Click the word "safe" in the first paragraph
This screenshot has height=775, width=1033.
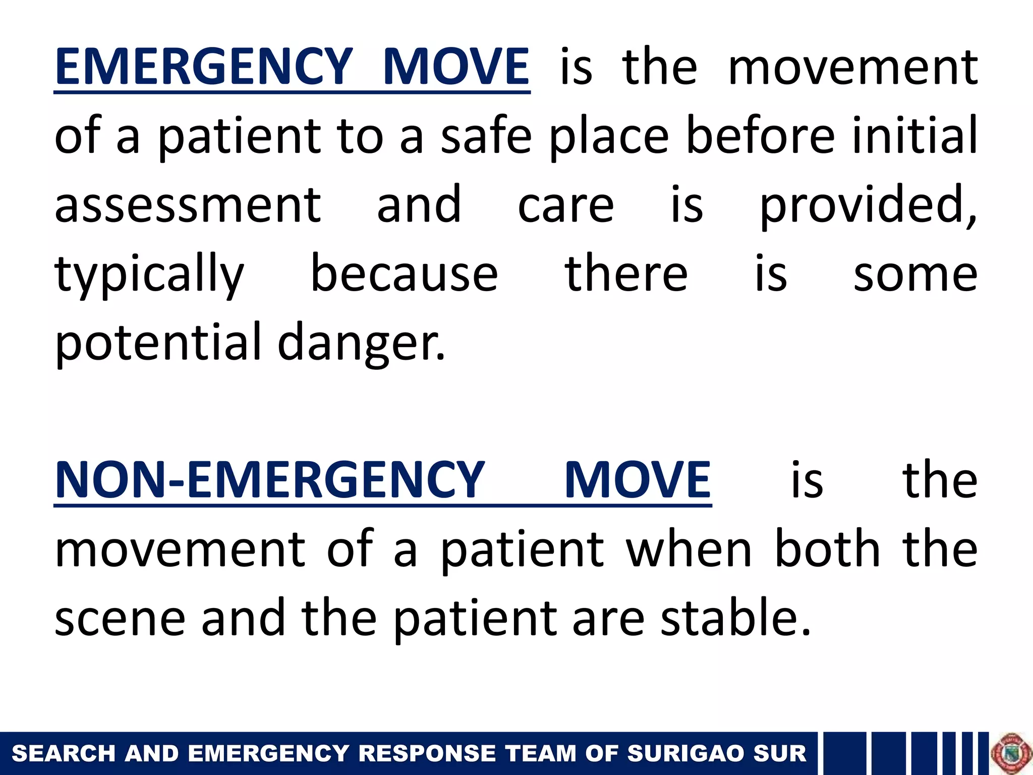point(486,135)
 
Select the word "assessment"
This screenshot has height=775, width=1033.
point(188,204)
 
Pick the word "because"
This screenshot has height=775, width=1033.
point(404,274)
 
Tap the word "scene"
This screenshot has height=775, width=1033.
point(120,619)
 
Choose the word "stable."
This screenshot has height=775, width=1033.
point(736,618)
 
